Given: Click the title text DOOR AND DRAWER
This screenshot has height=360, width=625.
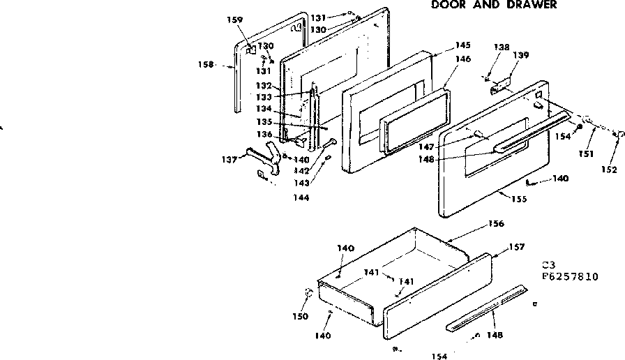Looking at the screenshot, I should point(493,5).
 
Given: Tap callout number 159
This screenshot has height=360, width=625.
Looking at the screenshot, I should point(235,20).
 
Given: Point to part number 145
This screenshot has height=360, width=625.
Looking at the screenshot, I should point(463,45).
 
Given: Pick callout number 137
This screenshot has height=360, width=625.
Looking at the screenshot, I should point(229,158).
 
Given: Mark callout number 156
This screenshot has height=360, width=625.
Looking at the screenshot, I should point(496,224).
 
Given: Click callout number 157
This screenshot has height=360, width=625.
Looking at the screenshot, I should point(516,248).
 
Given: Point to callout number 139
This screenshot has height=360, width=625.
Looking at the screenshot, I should point(520,56).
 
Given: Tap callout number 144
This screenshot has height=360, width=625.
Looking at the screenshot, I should point(301,197).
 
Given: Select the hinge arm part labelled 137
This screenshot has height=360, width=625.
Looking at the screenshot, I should point(262,156).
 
